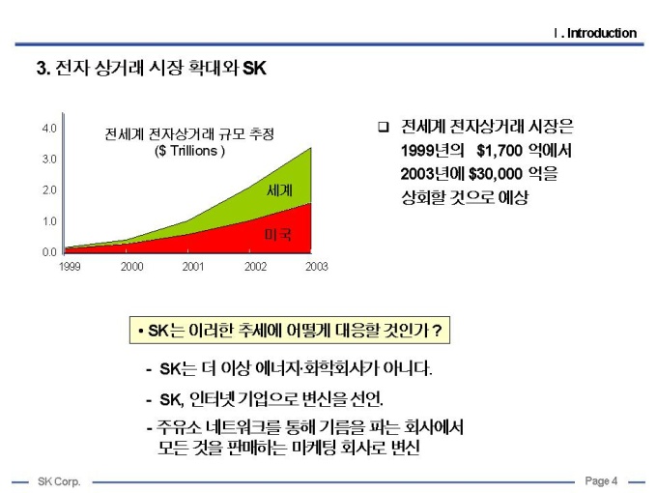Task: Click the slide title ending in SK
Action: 151,70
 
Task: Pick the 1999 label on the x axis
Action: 70,266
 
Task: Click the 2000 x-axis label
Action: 131,266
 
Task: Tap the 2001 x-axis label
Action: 193,266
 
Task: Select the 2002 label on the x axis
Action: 255,266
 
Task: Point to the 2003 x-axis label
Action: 316,266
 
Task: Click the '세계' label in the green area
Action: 279,189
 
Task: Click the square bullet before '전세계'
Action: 383,127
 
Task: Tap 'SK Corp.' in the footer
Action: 59,481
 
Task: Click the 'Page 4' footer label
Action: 601,481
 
